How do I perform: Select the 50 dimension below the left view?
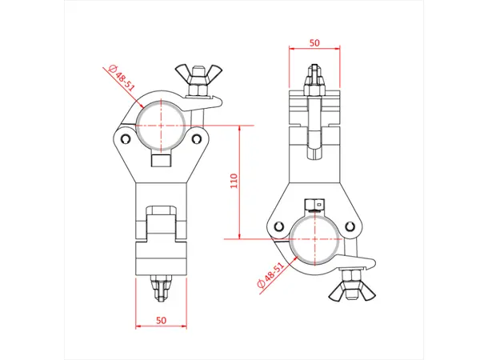(x=161, y=320)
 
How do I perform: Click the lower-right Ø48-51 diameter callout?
(x=270, y=277)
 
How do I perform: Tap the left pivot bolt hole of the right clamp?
(x=279, y=225)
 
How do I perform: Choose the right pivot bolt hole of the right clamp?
(x=350, y=225)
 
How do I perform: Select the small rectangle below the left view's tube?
(x=161, y=162)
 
